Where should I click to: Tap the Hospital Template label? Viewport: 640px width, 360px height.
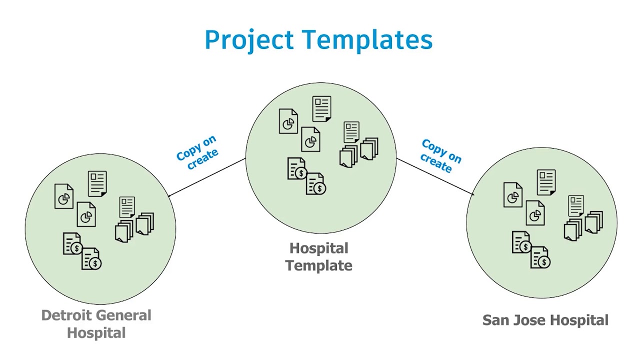pyautogui.click(x=319, y=257)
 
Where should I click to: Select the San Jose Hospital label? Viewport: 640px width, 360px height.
pyautogui.click(x=545, y=320)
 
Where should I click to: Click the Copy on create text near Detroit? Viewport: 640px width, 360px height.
pyautogui.click(x=197, y=152)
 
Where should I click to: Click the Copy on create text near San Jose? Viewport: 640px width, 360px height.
pyautogui.click(x=441, y=156)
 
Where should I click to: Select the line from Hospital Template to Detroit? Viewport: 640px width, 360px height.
pyautogui.click(x=207, y=177)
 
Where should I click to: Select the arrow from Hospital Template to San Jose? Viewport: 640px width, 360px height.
pyautogui.click(x=435, y=176)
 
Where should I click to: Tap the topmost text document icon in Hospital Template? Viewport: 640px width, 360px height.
pyautogui.click(x=321, y=109)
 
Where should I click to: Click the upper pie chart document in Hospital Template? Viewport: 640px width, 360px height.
pyautogui.click(x=288, y=121)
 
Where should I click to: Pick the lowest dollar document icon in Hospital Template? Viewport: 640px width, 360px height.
pyautogui.click(x=315, y=184)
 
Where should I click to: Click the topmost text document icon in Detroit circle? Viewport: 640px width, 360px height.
pyautogui.click(x=97, y=184)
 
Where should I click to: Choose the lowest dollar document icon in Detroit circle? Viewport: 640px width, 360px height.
pyautogui.click(x=91, y=259)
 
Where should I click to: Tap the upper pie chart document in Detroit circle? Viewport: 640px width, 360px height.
pyautogui.click(x=64, y=196)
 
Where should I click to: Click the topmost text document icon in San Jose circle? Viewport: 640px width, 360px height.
pyautogui.click(x=546, y=182)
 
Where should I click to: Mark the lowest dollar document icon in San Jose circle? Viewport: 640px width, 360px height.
pyautogui.click(x=540, y=257)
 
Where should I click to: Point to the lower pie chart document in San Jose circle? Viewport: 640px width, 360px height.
pyautogui.click(x=535, y=213)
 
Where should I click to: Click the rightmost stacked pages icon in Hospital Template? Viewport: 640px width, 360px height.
pyautogui.click(x=369, y=148)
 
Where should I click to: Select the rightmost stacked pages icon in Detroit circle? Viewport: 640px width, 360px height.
pyautogui.click(x=145, y=223)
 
